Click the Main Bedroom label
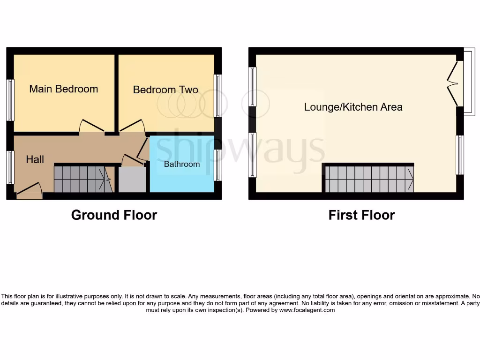[64, 89]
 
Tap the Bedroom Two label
[165, 90]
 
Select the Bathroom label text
[182, 164]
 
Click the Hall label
[35, 159]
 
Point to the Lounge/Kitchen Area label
[353, 107]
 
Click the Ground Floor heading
[114, 215]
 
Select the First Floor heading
[361, 215]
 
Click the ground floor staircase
[82, 179]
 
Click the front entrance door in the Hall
[29, 190]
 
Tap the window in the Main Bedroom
[10, 100]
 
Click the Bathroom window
[218, 165]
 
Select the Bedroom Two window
[218, 96]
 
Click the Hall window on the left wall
[10, 167]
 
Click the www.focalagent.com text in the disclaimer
[307, 310]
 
